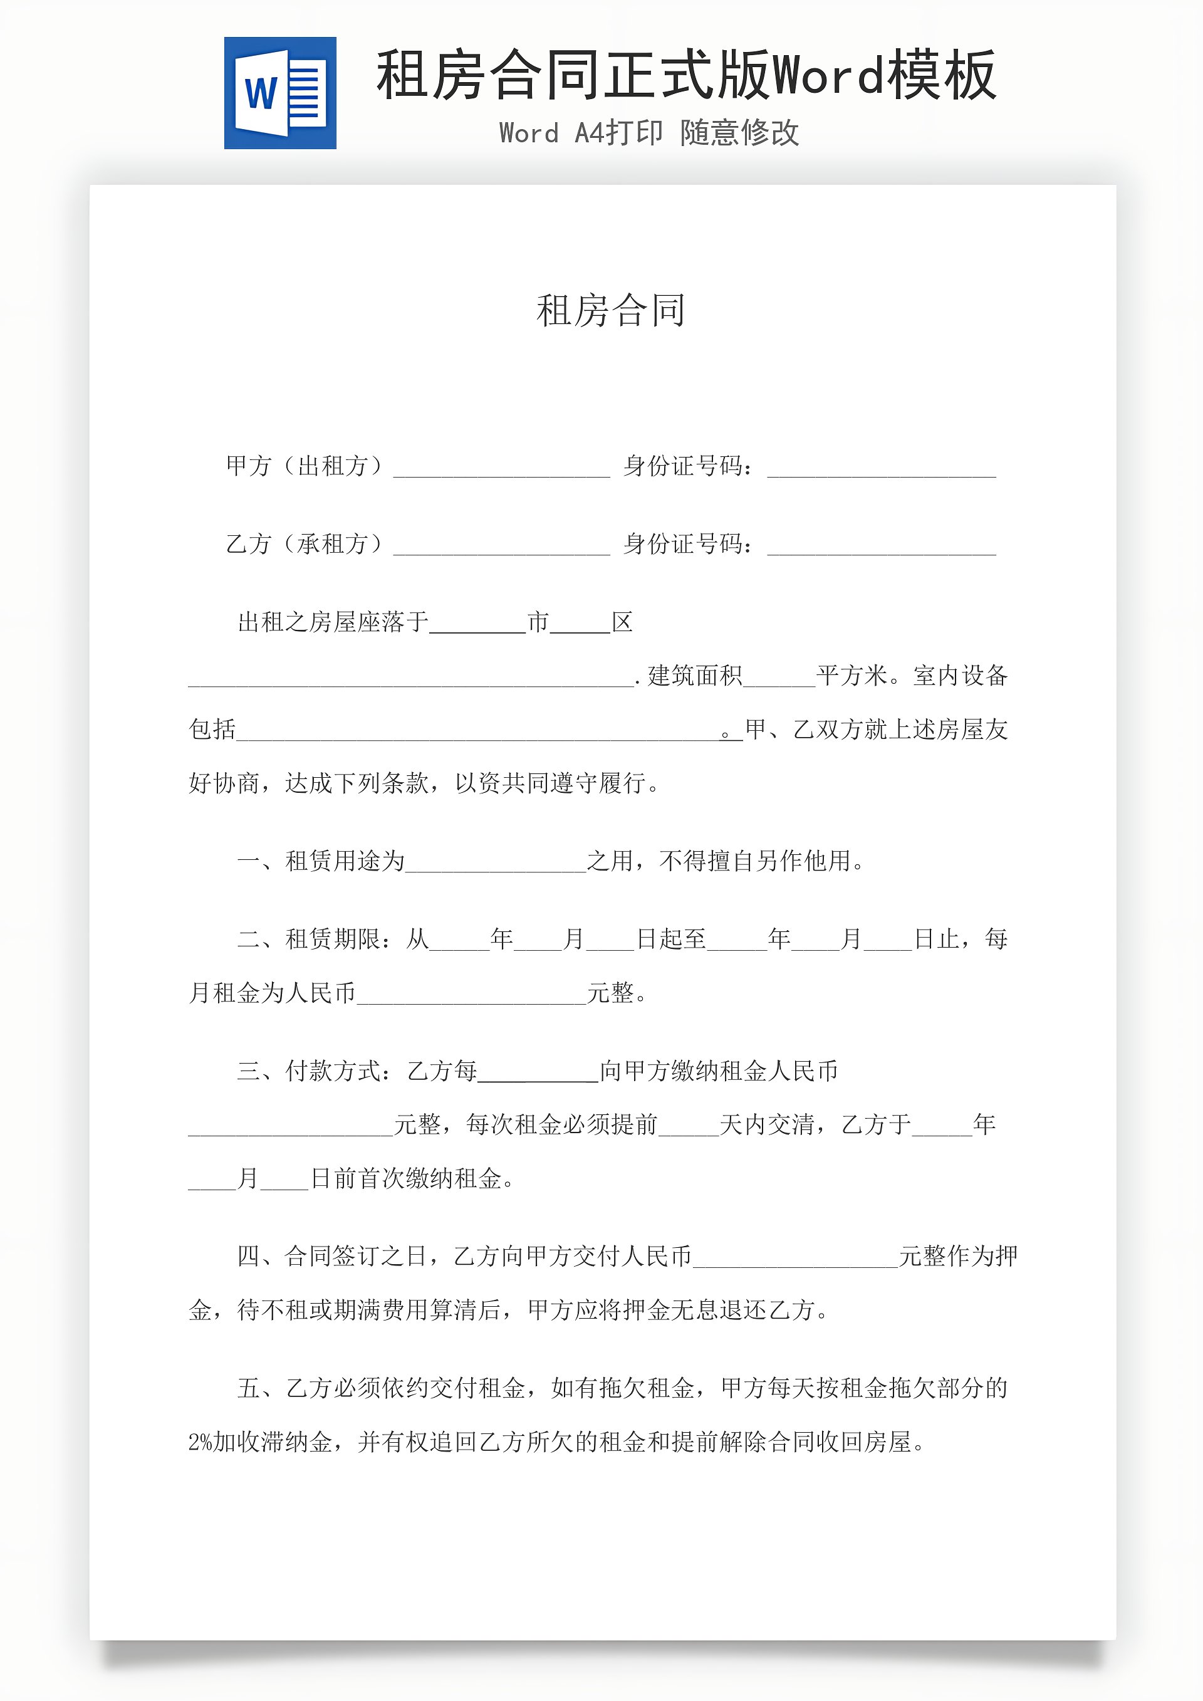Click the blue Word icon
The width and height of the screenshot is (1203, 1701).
[x=280, y=93]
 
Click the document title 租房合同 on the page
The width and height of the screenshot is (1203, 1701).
[x=610, y=310]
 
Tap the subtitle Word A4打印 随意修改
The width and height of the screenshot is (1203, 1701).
[x=649, y=133]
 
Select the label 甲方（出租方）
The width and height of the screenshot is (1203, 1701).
[x=304, y=466]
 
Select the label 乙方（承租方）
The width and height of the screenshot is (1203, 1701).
[x=304, y=544]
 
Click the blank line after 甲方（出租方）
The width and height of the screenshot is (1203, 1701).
[x=501, y=468]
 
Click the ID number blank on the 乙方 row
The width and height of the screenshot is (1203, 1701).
[x=882, y=546]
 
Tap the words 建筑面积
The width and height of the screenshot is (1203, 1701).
[x=694, y=676]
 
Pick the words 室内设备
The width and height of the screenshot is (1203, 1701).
[x=960, y=676]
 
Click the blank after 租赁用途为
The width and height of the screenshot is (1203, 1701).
[x=496, y=863]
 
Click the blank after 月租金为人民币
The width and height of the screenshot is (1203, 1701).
[x=471, y=995]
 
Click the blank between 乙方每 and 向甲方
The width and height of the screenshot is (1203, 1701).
[x=538, y=1073]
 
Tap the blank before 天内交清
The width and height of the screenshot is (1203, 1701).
[x=689, y=1127]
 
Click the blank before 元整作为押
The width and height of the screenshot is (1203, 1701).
[x=796, y=1258]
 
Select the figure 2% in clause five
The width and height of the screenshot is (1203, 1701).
[x=200, y=1442]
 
